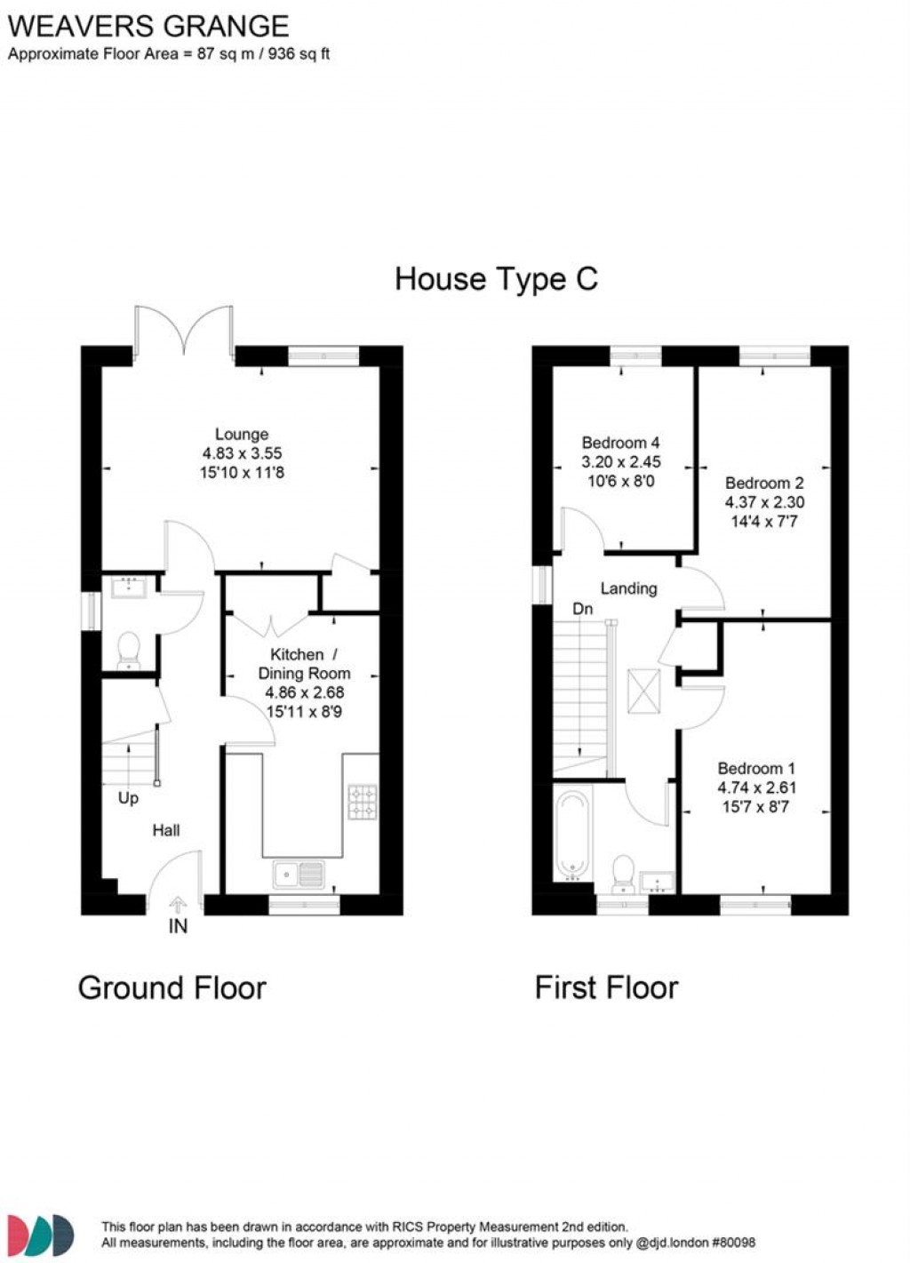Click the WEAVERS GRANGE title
pyautogui.click(x=148, y=26)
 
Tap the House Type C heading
pyautogui.click(x=496, y=279)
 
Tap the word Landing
pyautogui.click(x=628, y=588)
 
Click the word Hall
pyautogui.click(x=166, y=830)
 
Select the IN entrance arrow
pyautogui.click(x=178, y=907)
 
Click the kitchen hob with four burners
pyautogui.click(x=362, y=802)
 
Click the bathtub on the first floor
pyautogui.click(x=571, y=834)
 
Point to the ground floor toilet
pyautogui.click(x=129, y=649)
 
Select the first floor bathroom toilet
pyautogui.click(x=623, y=872)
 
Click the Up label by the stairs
pyautogui.click(x=128, y=798)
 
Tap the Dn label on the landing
pyautogui.click(x=582, y=609)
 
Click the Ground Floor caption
pyautogui.click(x=172, y=987)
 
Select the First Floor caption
pyautogui.click(x=606, y=987)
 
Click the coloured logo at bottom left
pyautogui.click(x=41, y=1235)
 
